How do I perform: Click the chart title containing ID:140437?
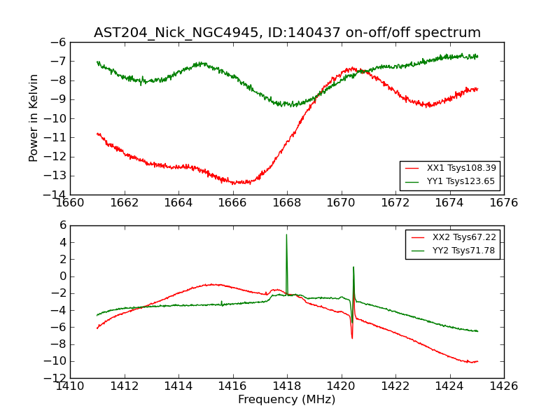pyautogui.click(x=287, y=33)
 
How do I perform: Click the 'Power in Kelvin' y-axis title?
pyautogui.click(x=34, y=118)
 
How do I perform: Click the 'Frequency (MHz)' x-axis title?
pyautogui.click(x=286, y=400)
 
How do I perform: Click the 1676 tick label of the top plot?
pyautogui.click(x=503, y=203)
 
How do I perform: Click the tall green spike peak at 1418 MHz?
pyautogui.click(x=286, y=234)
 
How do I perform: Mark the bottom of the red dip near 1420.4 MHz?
pyautogui.click(x=352, y=338)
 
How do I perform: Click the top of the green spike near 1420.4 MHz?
pyautogui.click(x=353, y=267)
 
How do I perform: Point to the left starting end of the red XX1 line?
pyautogui.click(x=97, y=133)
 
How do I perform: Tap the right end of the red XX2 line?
pyautogui.click(x=477, y=361)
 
